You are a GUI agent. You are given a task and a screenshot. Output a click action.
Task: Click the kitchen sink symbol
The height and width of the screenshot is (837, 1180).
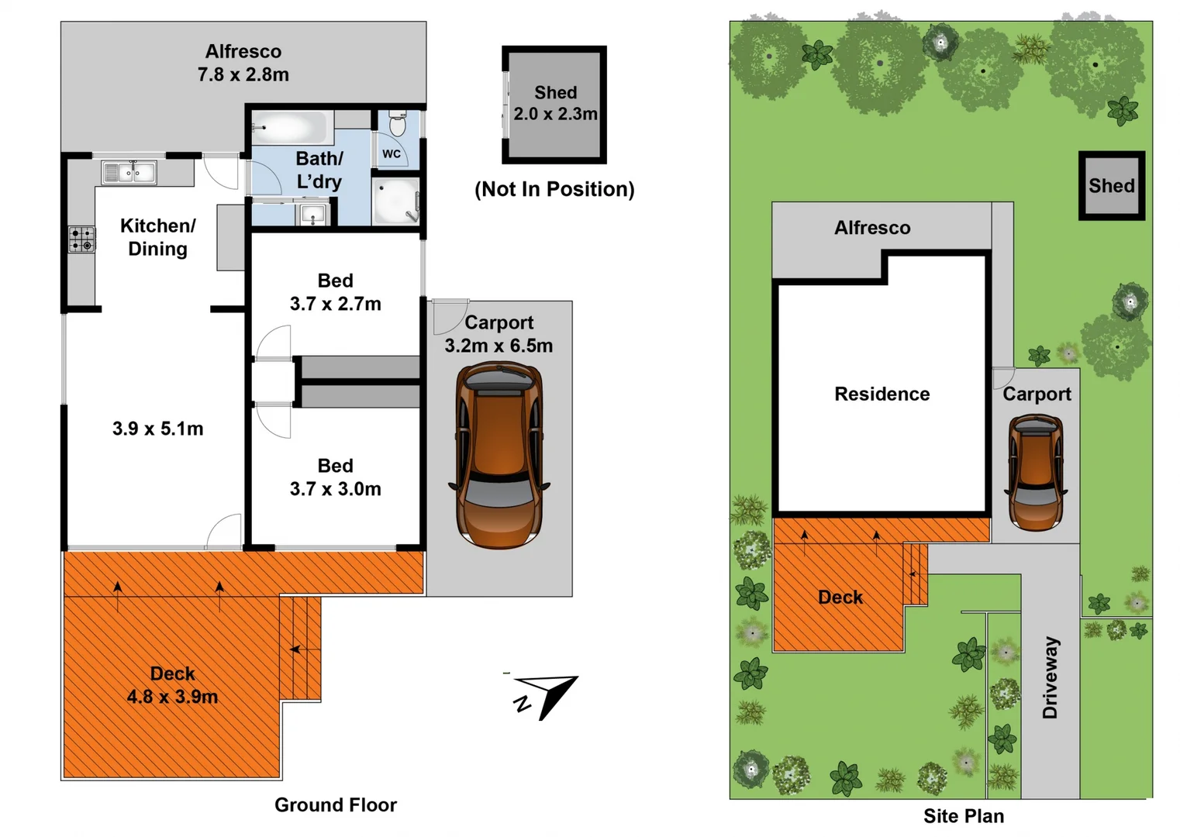[129, 172]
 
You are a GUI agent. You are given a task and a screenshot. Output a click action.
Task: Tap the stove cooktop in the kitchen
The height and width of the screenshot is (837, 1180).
[81, 239]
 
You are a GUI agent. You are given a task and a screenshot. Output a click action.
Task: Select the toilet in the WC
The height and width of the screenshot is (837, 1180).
[397, 123]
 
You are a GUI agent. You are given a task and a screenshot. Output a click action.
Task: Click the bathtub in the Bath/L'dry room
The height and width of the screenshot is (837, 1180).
[289, 128]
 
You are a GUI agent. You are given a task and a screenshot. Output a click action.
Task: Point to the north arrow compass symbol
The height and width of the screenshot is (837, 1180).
[548, 695]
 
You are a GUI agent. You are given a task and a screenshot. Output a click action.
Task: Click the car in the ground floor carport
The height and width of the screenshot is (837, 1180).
[499, 456]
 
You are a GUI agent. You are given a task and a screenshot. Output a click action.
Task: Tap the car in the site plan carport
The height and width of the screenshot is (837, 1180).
[1036, 472]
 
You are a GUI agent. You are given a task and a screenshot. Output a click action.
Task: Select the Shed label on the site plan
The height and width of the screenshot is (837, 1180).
[1111, 186]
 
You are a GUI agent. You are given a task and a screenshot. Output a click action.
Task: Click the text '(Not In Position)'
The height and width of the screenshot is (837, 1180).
[554, 189]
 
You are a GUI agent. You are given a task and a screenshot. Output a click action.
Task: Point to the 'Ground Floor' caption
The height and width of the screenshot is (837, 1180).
[335, 805]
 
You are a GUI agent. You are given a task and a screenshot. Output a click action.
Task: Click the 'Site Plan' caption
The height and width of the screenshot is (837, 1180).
[963, 816]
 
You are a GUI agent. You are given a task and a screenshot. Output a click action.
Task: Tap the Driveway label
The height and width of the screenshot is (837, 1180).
[1050, 677]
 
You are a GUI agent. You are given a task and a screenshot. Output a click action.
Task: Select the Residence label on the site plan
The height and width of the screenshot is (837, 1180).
[882, 394]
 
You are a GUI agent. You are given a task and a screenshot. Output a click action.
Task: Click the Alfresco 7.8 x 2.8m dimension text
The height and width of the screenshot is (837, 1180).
[243, 74]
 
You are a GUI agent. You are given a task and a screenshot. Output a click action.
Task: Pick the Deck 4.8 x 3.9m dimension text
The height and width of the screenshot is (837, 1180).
[172, 697]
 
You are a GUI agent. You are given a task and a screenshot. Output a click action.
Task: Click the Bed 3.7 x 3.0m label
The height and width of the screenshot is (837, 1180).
[335, 489]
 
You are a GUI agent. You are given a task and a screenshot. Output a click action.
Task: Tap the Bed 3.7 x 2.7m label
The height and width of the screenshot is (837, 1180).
[335, 304]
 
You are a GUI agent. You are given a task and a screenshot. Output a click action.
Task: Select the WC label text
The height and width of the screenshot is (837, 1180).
[392, 154]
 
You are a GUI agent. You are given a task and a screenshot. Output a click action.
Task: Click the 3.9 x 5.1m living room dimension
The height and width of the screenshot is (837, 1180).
[157, 429]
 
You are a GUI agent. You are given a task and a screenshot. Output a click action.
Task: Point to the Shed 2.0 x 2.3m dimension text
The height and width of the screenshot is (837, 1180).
[555, 114]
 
